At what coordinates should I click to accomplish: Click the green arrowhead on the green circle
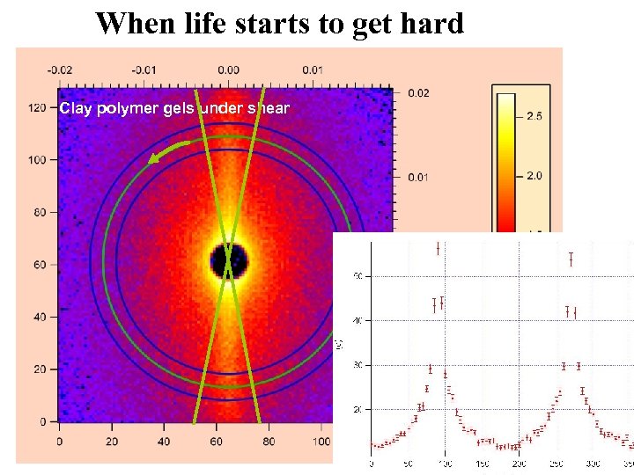pyautogui.click(x=156, y=157)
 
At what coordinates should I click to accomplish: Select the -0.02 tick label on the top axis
pyautogui.click(x=60, y=70)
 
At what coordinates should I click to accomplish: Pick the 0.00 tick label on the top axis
pyautogui.click(x=227, y=70)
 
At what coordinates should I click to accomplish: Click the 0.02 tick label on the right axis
pyautogui.click(x=418, y=93)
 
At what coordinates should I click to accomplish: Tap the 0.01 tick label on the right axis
pyautogui.click(x=418, y=178)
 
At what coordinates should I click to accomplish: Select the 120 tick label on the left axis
pyautogui.click(x=37, y=107)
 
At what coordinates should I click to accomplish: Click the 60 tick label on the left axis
pyautogui.click(x=40, y=265)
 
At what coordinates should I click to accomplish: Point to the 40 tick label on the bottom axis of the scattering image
pyautogui.click(x=164, y=441)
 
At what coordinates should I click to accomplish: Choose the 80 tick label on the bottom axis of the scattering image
pyautogui.click(x=269, y=441)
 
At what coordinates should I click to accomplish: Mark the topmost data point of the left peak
pyautogui.click(x=438, y=249)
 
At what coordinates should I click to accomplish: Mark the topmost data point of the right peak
pyautogui.click(x=571, y=259)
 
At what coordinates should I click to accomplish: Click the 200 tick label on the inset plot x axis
pyautogui.click(x=520, y=464)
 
